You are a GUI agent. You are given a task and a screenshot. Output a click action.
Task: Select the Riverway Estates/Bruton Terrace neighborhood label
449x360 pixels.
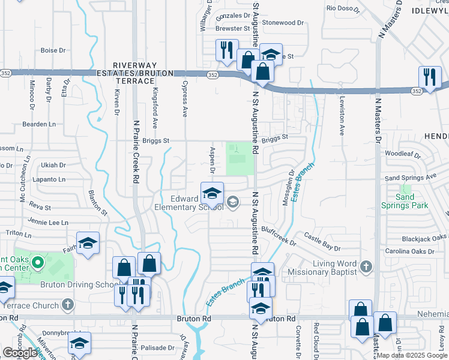click(x=136, y=69)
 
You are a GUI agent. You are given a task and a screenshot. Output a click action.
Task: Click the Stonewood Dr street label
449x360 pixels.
click(x=283, y=23)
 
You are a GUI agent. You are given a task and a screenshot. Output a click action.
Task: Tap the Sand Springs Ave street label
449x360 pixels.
click(x=411, y=178)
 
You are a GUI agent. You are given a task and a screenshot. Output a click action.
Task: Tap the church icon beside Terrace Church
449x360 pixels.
click(x=68, y=305)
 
